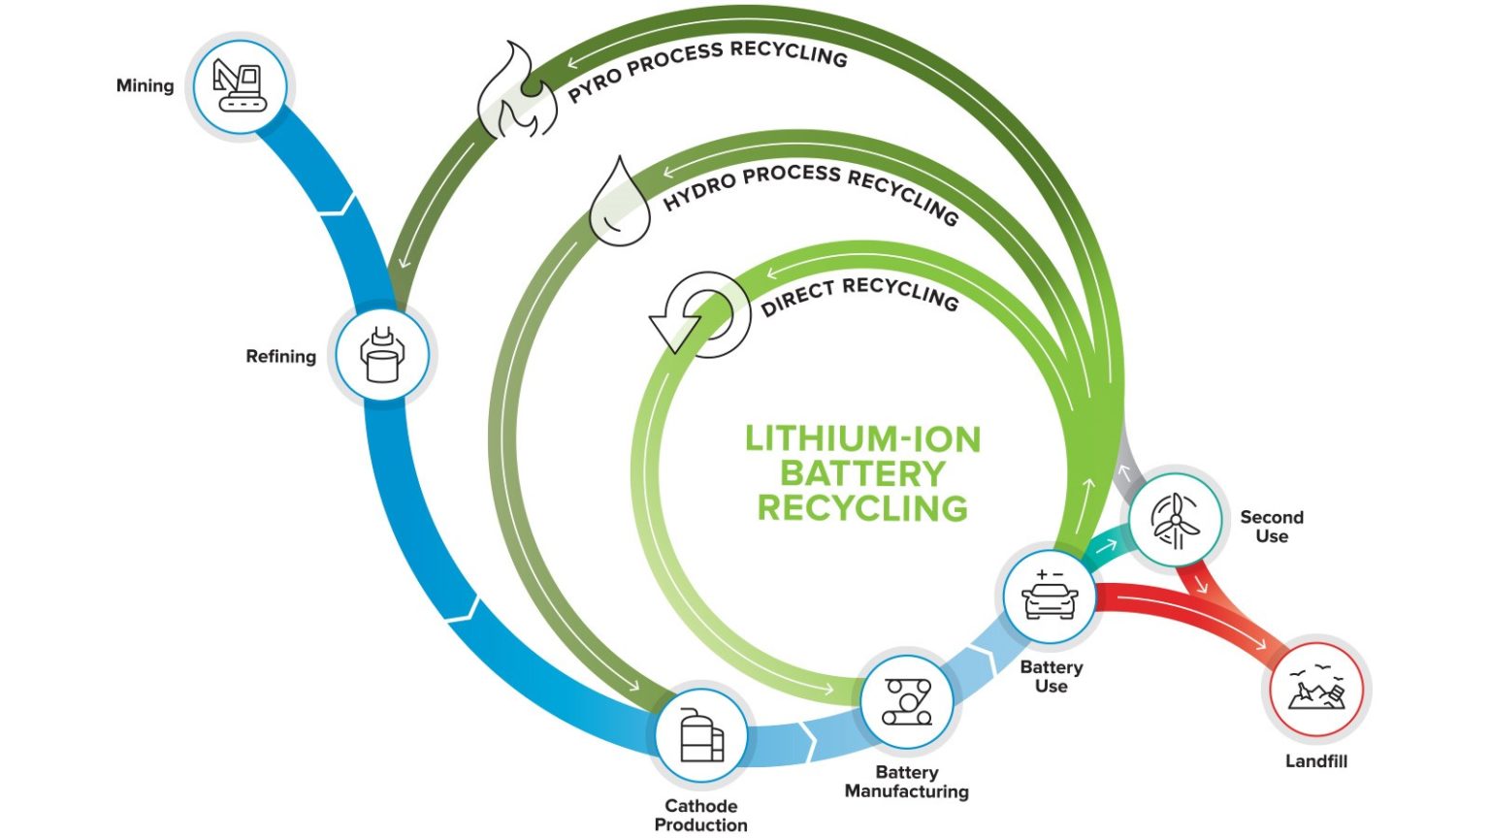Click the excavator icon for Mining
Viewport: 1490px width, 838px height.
click(x=240, y=85)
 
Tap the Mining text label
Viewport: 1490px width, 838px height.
click(x=146, y=85)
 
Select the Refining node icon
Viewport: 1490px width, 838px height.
click(x=382, y=355)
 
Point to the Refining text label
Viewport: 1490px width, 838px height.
click(x=280, y=356)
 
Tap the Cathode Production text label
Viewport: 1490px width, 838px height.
click(x=700, y=815)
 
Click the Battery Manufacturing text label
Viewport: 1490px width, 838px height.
click(x=906, y=782)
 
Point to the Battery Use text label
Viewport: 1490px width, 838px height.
click(x=1051, y=676)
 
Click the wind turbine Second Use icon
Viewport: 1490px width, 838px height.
click(x=1176, y=519)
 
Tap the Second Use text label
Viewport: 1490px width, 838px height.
click(x=1271, y=527)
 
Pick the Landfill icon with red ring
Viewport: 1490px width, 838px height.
click(x=1316, y=691)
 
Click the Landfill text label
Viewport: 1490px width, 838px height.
click(x=1316, y=761)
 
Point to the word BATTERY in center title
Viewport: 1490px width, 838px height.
click(x=862, y=473)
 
